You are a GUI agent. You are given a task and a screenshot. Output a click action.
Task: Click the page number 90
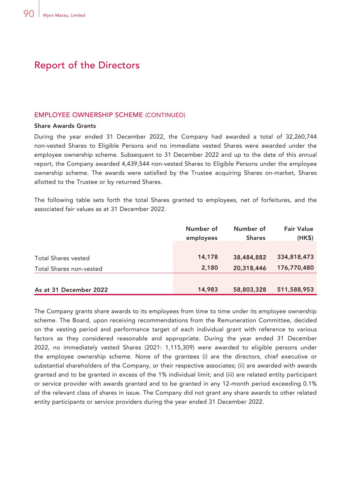(29, 14)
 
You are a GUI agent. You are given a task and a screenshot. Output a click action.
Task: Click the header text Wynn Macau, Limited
(64, 15)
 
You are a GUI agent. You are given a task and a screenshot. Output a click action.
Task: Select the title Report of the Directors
(87, 65)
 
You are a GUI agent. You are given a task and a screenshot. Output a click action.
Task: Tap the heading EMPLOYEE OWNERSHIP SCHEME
(88, 115)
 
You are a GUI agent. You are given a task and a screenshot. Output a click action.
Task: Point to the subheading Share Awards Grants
(65, 126)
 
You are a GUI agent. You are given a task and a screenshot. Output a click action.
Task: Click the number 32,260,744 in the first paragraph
(301, 137)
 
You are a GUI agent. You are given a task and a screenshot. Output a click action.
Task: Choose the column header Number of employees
(201, 233)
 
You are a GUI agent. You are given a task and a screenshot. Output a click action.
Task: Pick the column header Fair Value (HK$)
(298, 233)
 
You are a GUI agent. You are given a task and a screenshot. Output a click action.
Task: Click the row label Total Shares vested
(62, 258)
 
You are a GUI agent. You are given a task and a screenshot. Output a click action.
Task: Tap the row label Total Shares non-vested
(68, 269)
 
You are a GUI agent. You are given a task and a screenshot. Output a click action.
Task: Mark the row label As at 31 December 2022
(71, 290)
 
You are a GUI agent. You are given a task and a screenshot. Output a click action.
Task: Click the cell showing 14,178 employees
(208, 257)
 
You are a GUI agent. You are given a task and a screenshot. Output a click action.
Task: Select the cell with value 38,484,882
(249, 257)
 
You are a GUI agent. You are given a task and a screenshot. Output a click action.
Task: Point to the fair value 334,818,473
(295, 257)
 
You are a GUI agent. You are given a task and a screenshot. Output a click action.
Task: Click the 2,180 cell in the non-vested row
(209, 268)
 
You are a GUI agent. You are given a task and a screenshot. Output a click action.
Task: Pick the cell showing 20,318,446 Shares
(249, 268)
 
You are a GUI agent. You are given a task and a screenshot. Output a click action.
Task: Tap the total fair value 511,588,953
(295, 290)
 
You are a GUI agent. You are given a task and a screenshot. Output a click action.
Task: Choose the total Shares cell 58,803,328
(249, 290)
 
